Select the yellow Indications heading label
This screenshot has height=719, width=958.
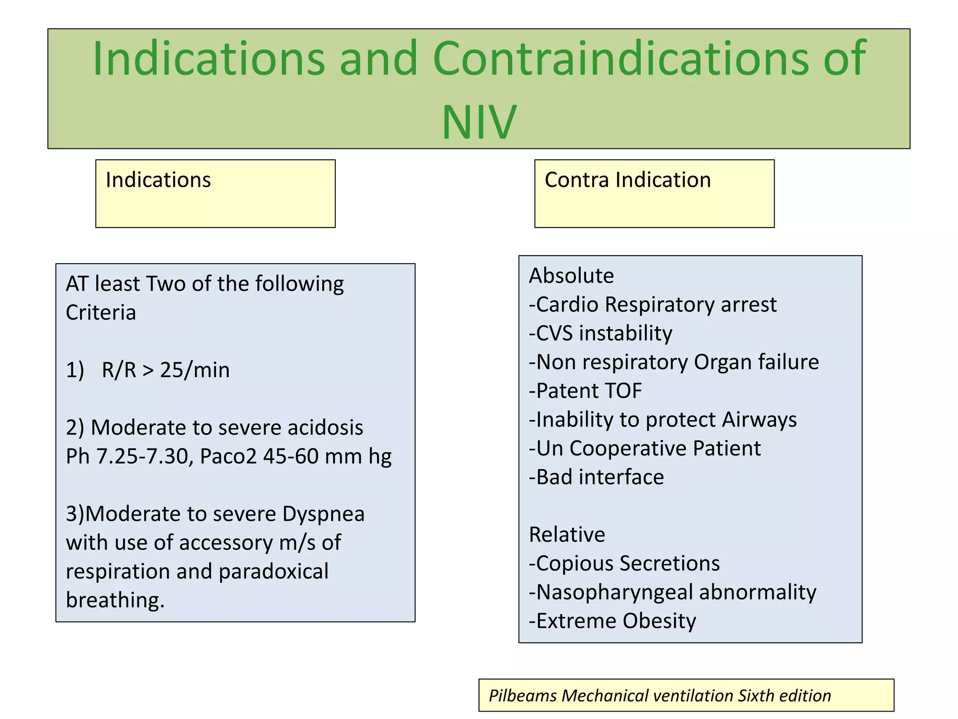[158, 180]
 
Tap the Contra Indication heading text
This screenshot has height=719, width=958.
[627, 180]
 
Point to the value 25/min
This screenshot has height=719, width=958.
[195, 370]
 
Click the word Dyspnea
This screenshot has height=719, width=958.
[323, 514]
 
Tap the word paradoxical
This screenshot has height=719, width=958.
[273, 572]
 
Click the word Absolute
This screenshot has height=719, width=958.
[571, 276]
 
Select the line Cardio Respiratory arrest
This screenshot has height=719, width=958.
[653, 305]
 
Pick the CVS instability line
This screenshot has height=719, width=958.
[601, 334]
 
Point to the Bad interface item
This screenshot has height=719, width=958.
[596, 477]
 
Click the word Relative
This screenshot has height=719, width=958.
[567, 535]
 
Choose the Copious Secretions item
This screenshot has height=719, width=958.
[624, 564]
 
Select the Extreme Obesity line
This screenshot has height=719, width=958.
[612, 621]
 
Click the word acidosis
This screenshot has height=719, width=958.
[325, 428]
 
